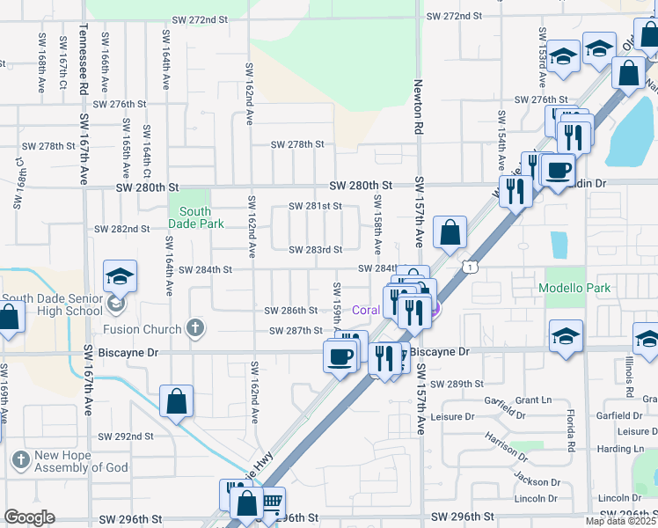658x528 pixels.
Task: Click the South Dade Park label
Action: click(x=195, y=217)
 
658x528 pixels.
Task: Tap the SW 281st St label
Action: click(x=315, y=207)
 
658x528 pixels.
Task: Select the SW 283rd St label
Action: click(x=315, y=250)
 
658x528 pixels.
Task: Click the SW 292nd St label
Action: click(x=125, y=436)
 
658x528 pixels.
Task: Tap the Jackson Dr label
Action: click(x=537, y=482)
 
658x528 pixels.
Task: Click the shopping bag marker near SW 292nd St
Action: click(x=177, y=401)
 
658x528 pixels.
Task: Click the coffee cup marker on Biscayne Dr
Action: click(x=340, y=356)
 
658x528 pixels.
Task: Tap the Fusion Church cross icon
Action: click(x=196, y=330)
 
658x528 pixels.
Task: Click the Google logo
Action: click(x=29, y=517)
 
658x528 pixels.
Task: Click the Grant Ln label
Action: click(x=533, y=400)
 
